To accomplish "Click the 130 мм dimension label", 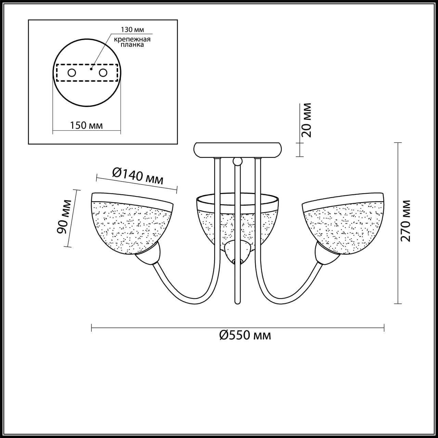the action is point(132,29).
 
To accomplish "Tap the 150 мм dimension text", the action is point(86,125).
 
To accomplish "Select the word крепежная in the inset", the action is point(132,39).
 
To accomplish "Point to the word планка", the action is point(132,44).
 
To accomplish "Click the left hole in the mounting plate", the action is point(72,73).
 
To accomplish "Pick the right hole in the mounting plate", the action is point(103,73).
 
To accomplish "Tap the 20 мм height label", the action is point(306,120).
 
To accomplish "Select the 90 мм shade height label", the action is point(64,217).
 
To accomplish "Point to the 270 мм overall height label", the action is point(405,221).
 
